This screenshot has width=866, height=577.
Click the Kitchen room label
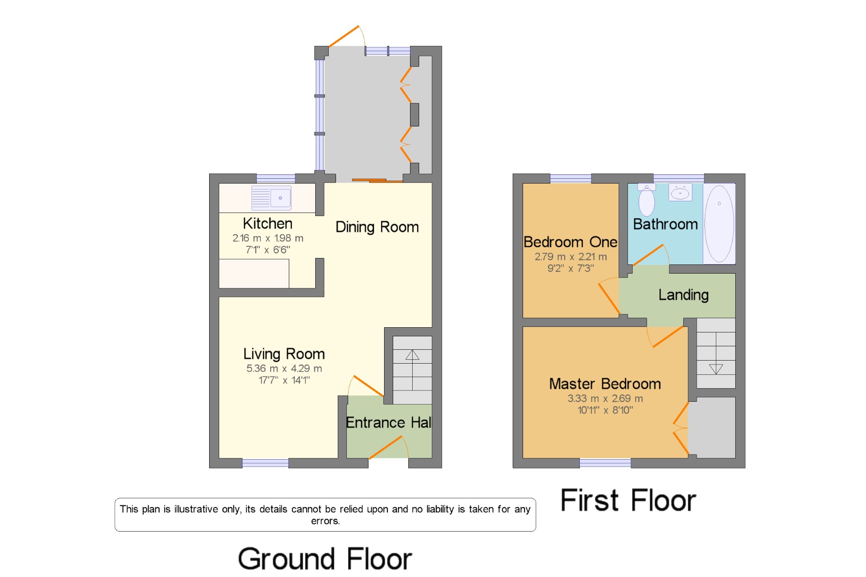pos(268,223)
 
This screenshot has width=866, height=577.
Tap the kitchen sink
pos(271,198)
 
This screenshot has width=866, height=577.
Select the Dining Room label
pos(377,227)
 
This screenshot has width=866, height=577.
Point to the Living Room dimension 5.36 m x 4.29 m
pos(284,368)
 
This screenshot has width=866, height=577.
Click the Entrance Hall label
pos(388,422)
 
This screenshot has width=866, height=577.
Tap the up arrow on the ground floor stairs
pos(412,355)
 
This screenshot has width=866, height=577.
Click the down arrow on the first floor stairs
pos(716,369)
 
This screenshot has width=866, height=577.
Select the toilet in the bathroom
pos(646,200)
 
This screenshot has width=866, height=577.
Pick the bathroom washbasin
pos(680,192)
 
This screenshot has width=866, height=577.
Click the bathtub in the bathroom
pos(719,224)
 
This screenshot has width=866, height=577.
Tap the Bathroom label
pos(666,224)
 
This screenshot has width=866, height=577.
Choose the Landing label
pos(684,295)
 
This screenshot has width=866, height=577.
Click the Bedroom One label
pos(570,242)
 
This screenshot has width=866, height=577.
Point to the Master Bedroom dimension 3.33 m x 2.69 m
pos(605,398)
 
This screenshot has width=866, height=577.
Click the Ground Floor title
pos(325,558)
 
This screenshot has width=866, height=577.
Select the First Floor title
pos(628,500)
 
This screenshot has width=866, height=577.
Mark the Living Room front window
pos(265,463)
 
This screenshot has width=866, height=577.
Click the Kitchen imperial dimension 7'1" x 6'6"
pos(268,250)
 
